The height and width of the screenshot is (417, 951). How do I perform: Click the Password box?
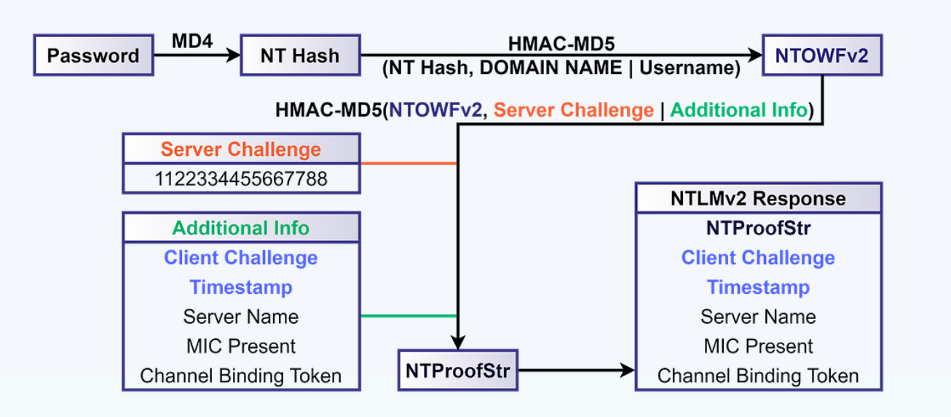point(93,55)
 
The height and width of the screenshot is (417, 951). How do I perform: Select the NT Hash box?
point(300,55)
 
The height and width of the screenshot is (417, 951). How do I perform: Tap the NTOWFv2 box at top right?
point(822,55)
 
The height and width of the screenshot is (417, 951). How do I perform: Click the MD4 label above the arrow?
point(192,41)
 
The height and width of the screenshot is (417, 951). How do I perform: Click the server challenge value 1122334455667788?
point(241,178)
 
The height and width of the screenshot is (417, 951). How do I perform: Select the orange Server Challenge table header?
point(241,149)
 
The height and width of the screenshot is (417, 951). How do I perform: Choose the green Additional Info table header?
point(241,228)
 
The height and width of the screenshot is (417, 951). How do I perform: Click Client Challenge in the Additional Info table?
point(241,258)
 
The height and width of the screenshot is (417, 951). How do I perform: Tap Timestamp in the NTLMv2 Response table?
point(758,287)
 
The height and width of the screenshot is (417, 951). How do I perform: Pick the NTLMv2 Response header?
point(758,199)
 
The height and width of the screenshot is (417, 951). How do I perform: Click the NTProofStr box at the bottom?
point(458,370)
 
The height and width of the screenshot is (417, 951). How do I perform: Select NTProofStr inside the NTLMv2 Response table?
point(758,229)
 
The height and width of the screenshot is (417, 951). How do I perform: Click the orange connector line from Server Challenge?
point(408,163)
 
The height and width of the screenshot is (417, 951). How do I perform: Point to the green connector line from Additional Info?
point(408,316)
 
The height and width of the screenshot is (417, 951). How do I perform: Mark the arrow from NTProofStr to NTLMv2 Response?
point(575,370)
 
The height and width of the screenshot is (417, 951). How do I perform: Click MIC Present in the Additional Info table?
point(241,346)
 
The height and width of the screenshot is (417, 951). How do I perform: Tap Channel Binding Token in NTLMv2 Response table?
point(758,376)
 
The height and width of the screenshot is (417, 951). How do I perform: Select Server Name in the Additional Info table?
point(241,317)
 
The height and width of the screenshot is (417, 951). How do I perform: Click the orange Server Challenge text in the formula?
point(574,111)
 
